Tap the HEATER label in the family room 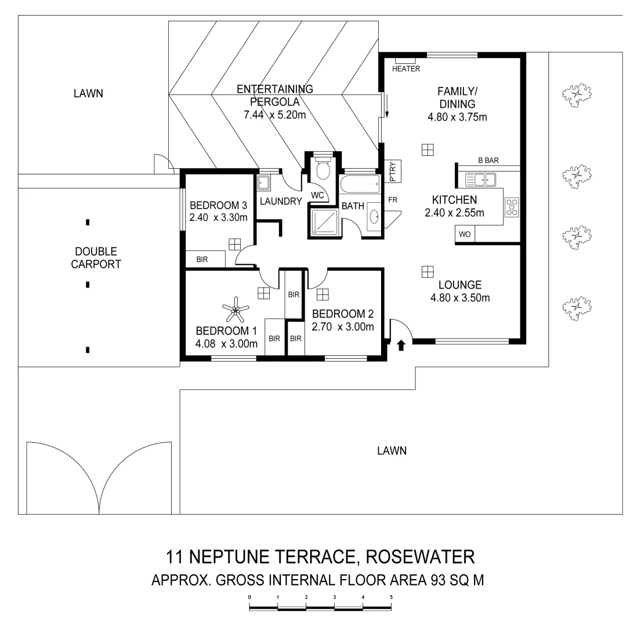click(x=405, y=68)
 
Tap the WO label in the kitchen click(x=465, y=235)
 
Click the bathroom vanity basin click(x=374, y=217)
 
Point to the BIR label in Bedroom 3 click(x=201, y=259)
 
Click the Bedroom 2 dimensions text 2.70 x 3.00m click(x=342, y=326)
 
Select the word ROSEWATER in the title click(x=421, y=557)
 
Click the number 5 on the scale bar click(x=391, y=596)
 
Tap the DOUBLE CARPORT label click(x=96, y=258)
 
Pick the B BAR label click(x=488, y=161)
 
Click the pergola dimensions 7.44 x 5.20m click(x=274, y=115)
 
